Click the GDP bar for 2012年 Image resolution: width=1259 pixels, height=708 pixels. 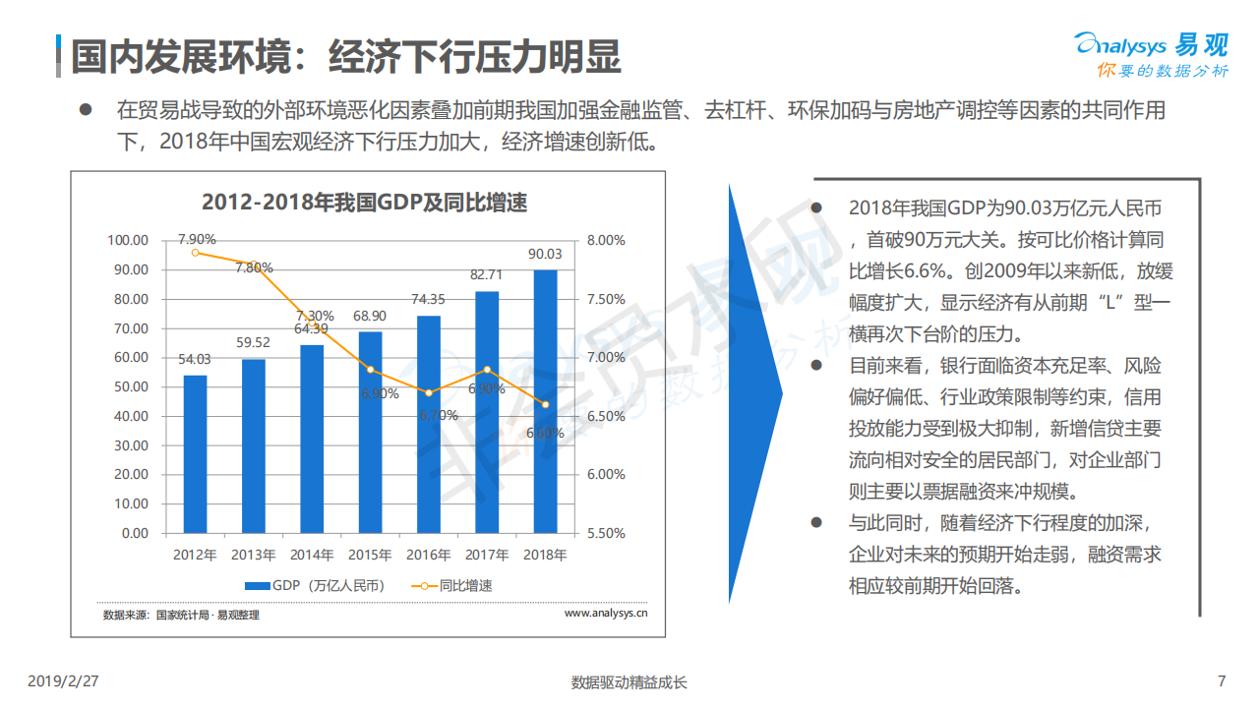point(195,454)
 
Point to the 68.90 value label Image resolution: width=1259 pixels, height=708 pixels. point(370,316)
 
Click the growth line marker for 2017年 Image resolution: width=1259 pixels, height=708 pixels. point(487,370)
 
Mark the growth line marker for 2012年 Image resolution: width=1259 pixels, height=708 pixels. point(196,253)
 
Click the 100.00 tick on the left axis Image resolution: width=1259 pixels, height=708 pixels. point(128,240)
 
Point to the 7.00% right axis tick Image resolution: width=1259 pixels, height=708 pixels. point(605,357)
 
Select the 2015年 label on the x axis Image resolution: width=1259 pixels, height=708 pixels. point(370,555)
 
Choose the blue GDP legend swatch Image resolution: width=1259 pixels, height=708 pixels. point(257,586)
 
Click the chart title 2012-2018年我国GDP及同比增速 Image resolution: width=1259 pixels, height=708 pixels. point(365,204)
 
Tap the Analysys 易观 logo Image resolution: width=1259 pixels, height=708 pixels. point(1151,55)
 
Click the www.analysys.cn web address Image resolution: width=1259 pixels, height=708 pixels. point(606,614)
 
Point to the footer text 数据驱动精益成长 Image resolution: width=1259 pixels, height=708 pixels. point(629,682)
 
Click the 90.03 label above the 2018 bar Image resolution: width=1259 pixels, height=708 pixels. point(545,254)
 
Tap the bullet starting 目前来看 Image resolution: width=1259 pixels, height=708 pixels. point(815,365)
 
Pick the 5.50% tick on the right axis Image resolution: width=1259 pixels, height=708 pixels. point(605,533)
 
